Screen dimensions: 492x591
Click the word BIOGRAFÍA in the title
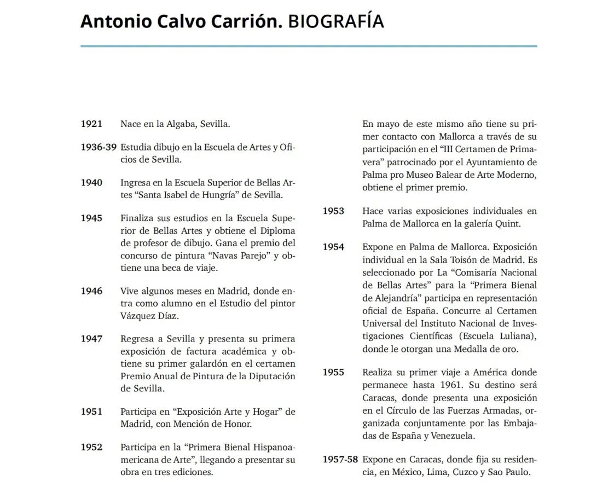335,21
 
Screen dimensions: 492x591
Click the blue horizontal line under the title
309,47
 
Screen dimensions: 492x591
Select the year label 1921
91,124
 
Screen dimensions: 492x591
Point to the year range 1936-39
99,147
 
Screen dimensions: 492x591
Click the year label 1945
91,218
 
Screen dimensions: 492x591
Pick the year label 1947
91,339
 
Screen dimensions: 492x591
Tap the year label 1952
91,447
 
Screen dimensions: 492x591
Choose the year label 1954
333,247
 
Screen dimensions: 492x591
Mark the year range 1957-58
340,459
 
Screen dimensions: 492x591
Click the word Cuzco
467,472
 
